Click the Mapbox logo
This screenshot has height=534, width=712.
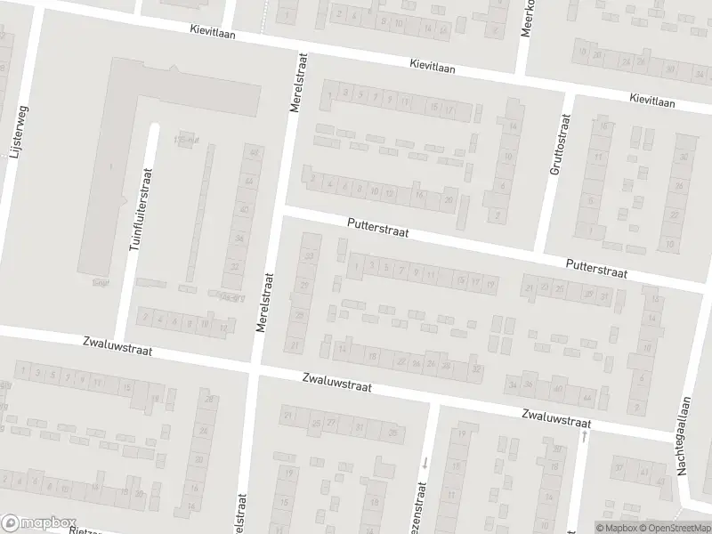39,522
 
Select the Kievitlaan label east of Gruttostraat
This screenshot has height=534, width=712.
652,101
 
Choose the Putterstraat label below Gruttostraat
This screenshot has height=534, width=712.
596,270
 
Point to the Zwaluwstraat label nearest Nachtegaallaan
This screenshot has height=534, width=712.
556,417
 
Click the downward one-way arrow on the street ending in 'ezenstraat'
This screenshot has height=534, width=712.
425,462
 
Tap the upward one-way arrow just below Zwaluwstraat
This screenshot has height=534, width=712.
584,436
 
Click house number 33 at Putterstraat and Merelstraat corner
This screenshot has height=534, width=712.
309,256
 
